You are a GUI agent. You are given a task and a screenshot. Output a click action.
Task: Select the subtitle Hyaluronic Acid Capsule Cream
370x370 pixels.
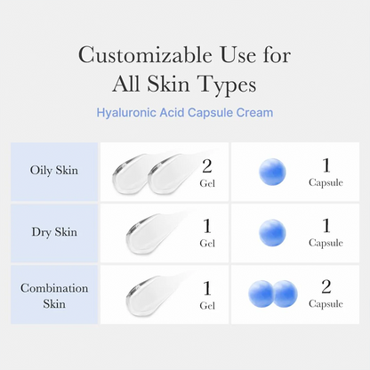[x=184, y=113]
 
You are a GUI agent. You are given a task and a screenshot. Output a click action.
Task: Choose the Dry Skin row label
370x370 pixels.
[x=54, y=231]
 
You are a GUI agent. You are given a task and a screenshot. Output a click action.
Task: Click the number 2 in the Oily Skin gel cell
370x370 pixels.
[x=207, y=165]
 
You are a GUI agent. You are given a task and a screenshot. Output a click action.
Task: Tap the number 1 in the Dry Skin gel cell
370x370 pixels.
[x=207, y=226]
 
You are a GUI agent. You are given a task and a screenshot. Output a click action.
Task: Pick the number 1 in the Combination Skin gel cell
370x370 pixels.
[x=207, y=288]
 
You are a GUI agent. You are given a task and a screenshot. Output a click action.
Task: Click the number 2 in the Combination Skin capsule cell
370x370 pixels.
[x=326, y=287]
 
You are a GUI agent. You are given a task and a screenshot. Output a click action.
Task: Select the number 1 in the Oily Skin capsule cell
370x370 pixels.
[x=326, y=165]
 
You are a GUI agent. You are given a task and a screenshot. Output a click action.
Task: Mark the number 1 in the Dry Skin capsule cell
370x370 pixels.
[x=326, y=226]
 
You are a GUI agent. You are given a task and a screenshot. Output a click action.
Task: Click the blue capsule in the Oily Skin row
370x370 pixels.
[x=272, y=172]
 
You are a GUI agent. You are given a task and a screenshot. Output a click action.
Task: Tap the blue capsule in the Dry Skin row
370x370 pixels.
[x=272, y=233]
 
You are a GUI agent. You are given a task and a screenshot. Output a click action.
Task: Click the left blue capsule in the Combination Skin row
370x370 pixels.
[x=261, y=294]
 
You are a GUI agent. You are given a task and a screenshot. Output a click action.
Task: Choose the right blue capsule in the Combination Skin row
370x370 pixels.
[x=284, y=294]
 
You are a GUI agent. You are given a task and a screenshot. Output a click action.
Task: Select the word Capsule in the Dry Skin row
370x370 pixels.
[x=326, y=243]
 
